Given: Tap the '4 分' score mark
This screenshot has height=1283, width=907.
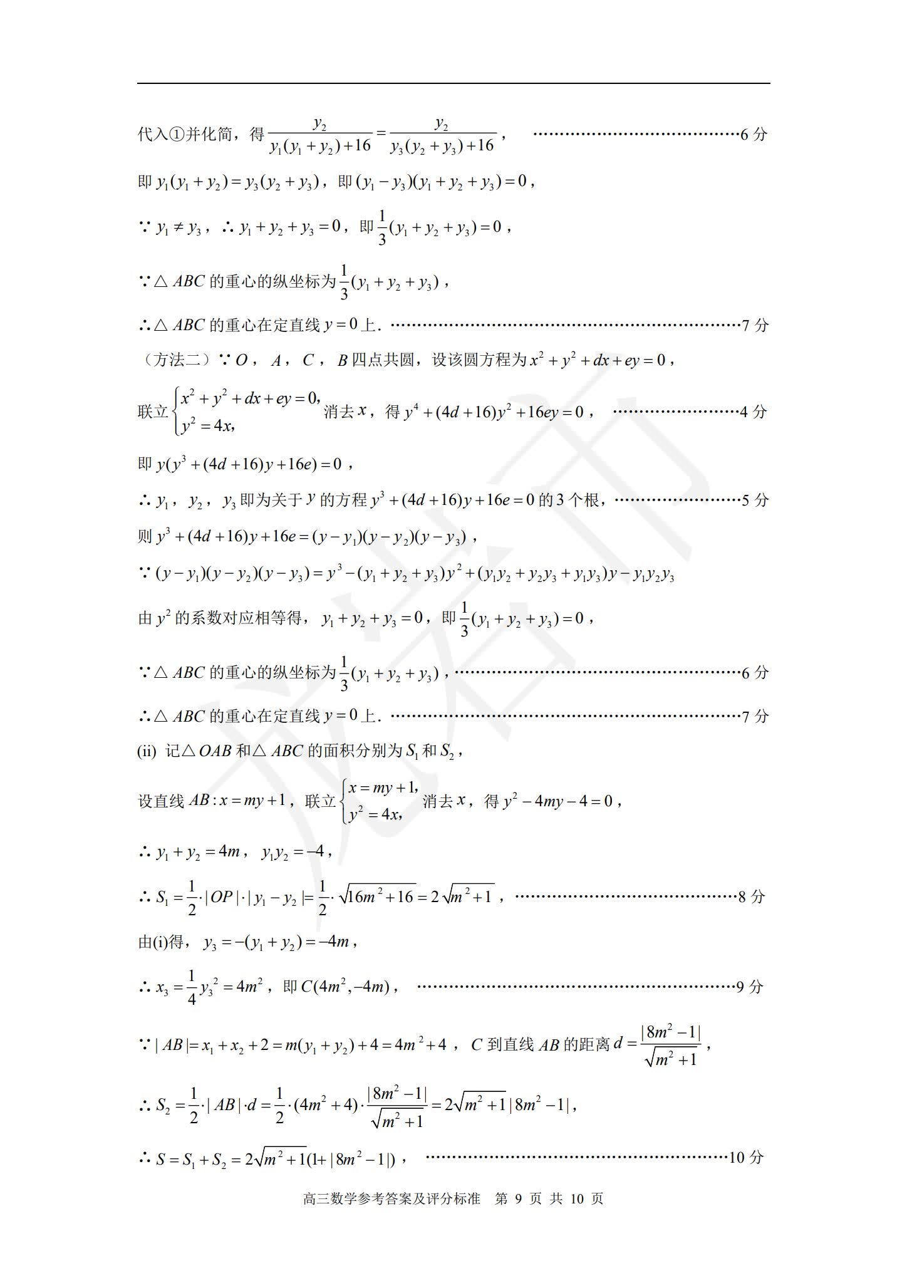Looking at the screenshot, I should (753, 412).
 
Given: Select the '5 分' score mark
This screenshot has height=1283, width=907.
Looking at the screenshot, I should (754, 500).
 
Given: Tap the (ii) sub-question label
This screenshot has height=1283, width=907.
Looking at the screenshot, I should (147, 751).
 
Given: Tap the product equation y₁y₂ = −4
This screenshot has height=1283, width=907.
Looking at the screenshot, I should (293, 853).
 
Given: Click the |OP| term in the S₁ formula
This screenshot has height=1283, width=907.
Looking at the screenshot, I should (220, 897).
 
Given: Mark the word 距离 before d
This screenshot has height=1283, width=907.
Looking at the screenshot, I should (594, 1044).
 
